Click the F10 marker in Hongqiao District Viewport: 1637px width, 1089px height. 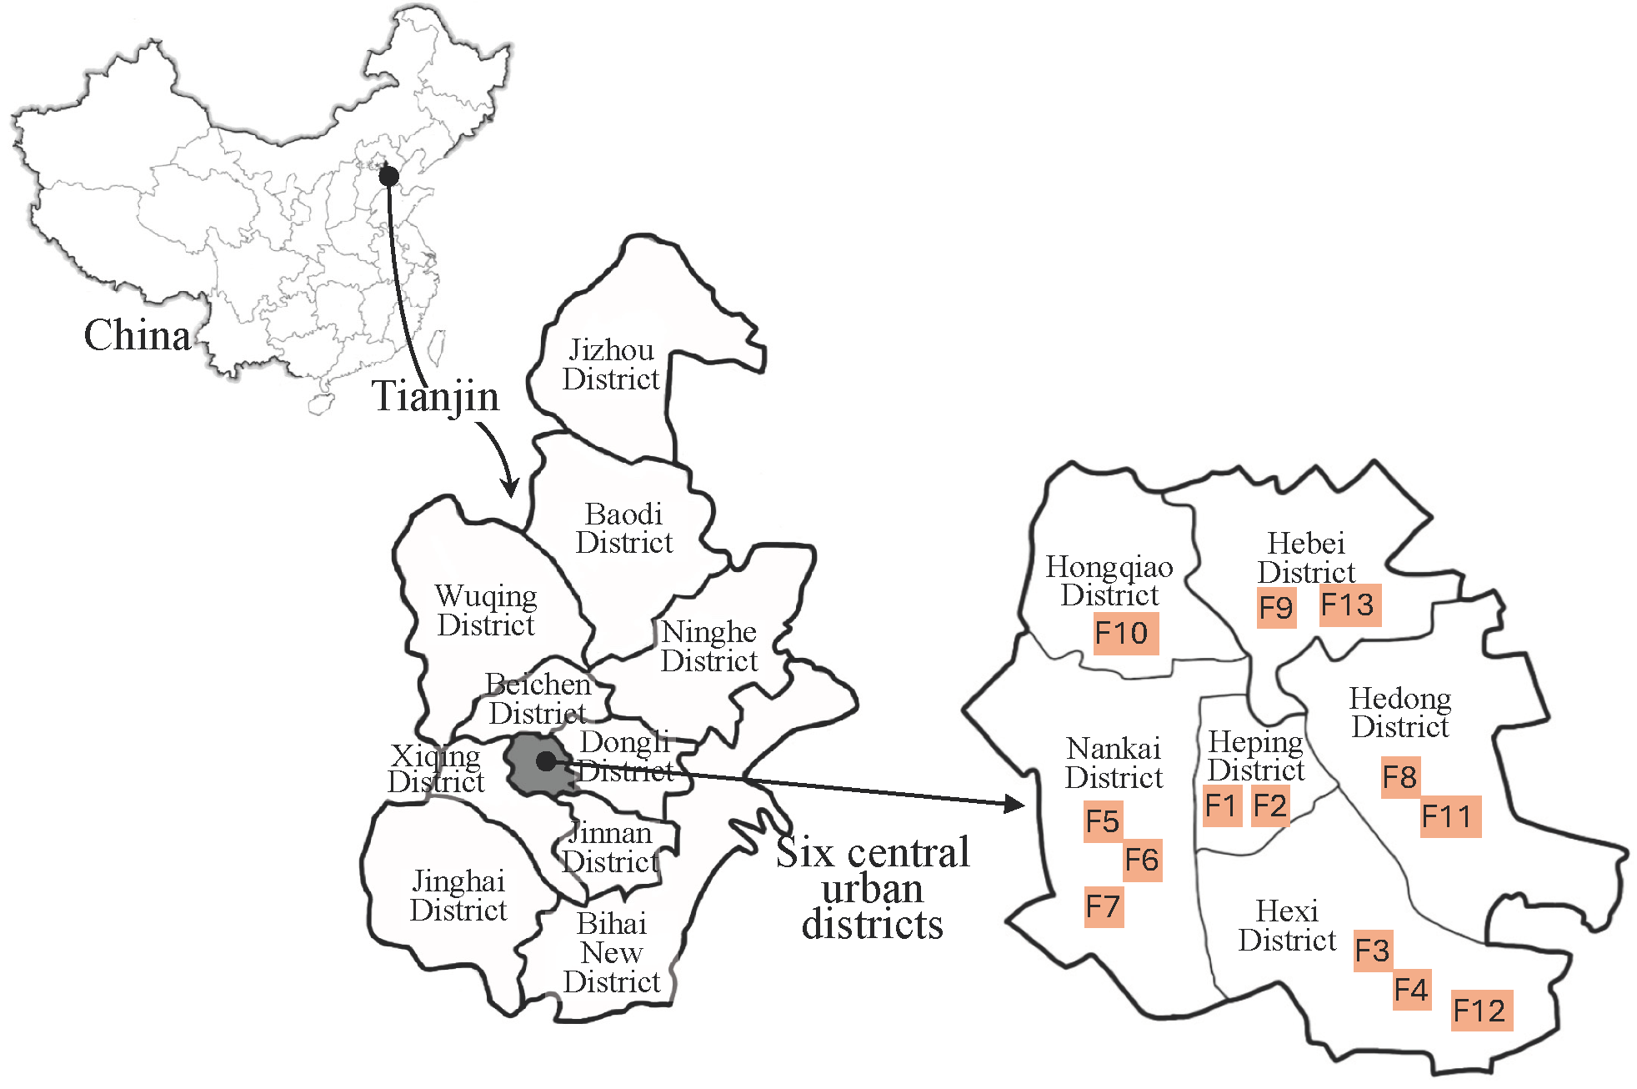coord(1125,634)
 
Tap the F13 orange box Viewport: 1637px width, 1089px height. coord(1350,605)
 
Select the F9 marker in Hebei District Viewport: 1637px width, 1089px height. coord(1276,607)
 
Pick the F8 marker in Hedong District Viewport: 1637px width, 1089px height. coord(1400,777)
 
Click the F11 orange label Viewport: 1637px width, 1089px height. coord(1450,815)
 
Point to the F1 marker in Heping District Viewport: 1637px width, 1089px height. coord(1222,805)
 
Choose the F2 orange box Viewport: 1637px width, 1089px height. coord(1270,805)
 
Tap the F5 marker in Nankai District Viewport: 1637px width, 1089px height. coord(1103,821)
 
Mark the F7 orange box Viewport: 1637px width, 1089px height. coord(1103,906)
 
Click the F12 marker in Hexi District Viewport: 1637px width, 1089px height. coord(1481,1011)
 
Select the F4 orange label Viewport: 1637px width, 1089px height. coord(1412,990)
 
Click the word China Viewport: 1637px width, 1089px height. coord(138,335)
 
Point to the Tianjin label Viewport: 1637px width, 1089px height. coord(435,395)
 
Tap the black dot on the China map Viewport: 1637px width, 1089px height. coord(388,176)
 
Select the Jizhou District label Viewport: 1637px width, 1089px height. coord(611,364)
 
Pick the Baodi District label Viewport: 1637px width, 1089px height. coord(624,528)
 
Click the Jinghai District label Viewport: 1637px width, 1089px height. coord(458,896)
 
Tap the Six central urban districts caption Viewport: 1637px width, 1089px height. coord(873,889)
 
